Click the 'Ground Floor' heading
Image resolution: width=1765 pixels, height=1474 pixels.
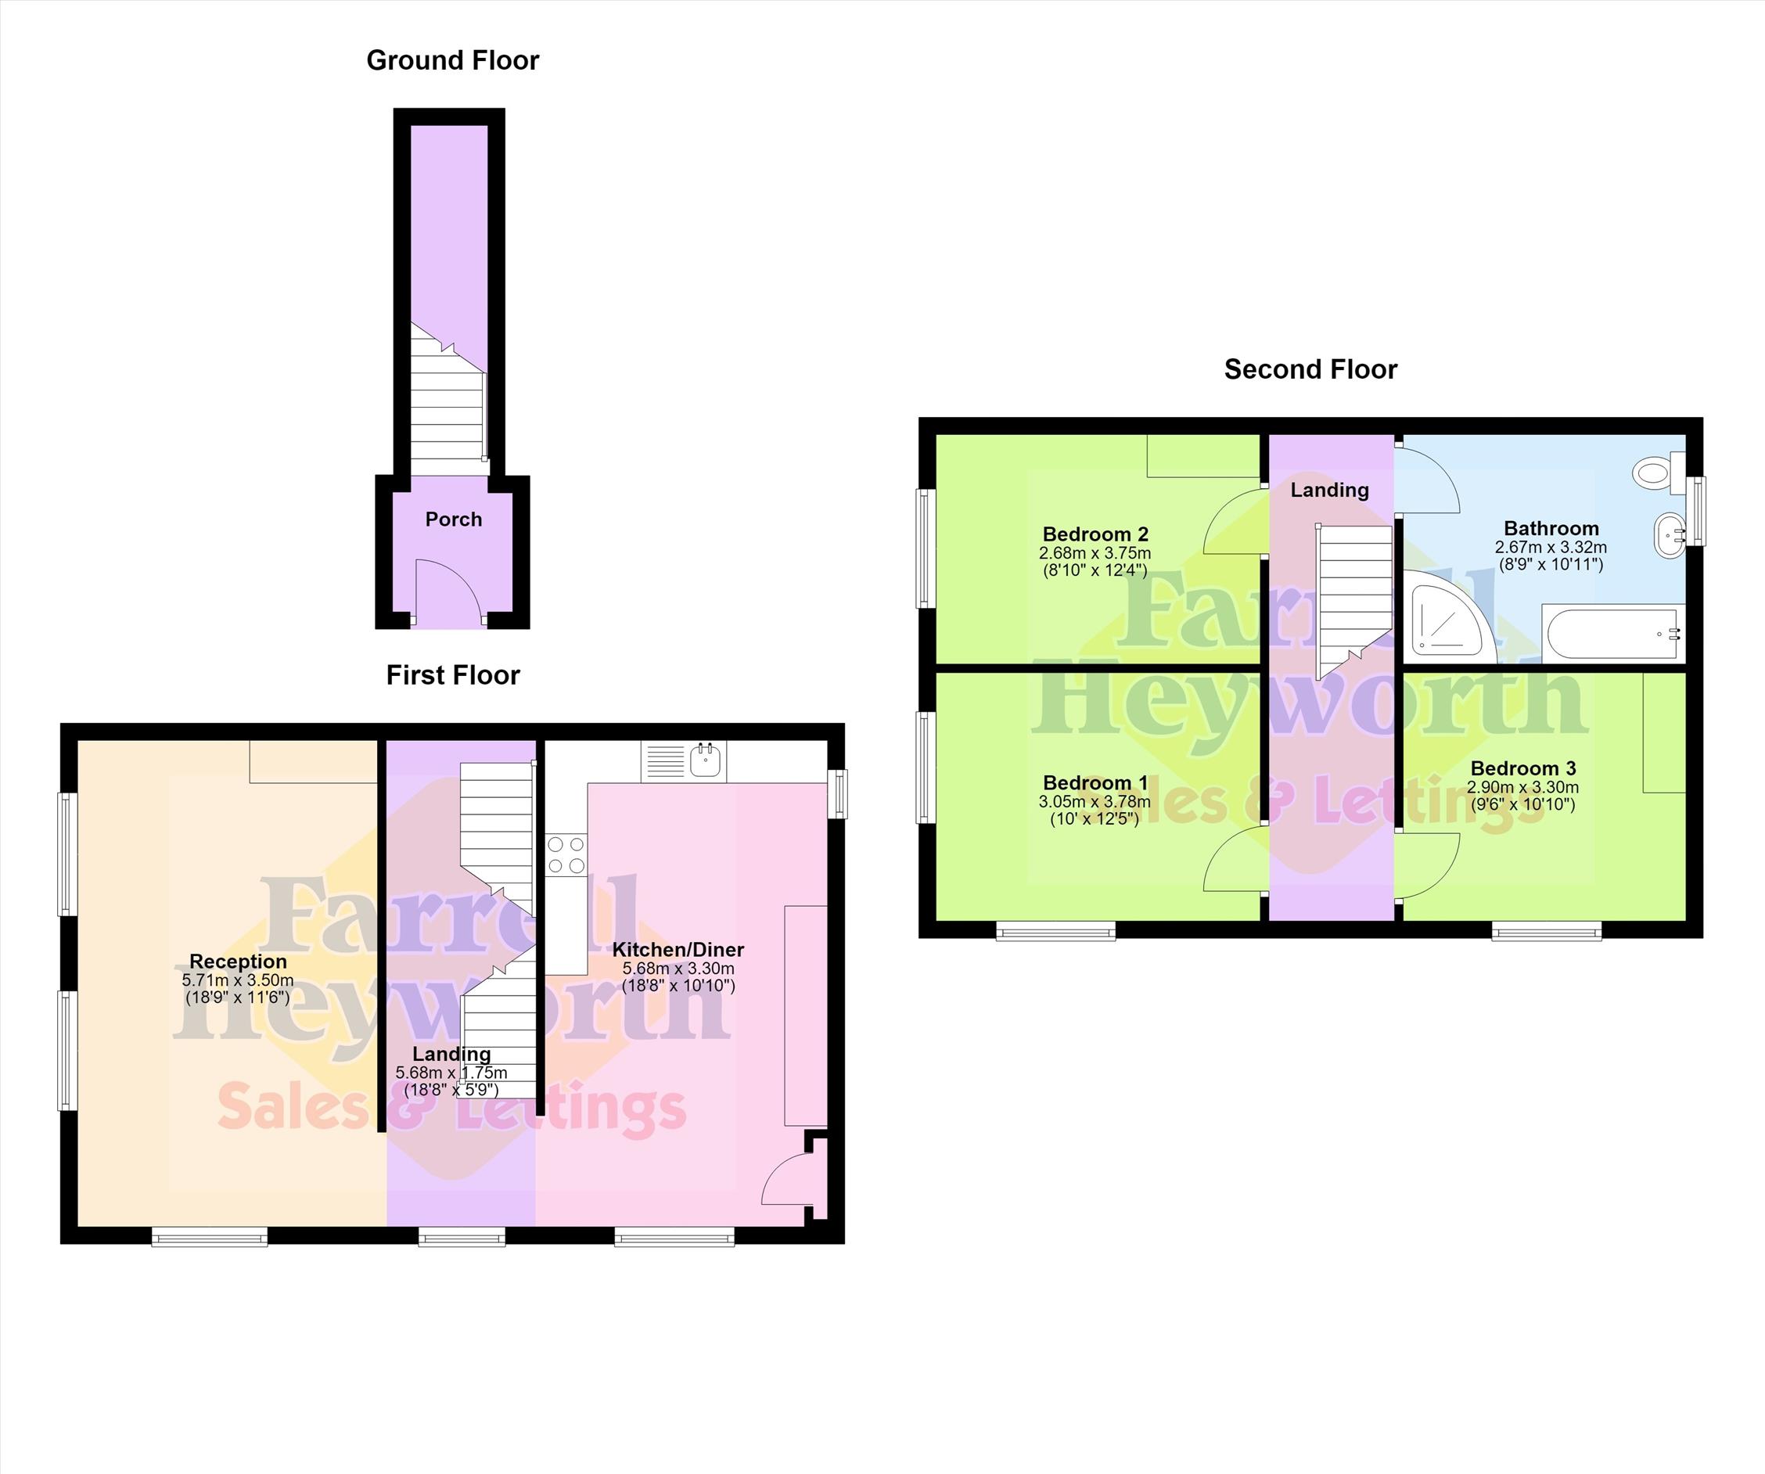452,60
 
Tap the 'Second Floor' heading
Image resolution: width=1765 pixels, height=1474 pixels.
1310,370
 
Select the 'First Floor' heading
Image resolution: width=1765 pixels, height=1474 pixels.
453,675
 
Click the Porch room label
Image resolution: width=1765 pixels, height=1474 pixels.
454,519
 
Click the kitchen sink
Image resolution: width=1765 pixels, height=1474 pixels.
706,760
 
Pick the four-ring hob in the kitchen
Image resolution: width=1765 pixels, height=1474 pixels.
566,854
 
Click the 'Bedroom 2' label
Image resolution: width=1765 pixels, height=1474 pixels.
1095,534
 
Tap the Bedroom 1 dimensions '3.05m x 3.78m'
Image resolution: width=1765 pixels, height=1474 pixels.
1095,802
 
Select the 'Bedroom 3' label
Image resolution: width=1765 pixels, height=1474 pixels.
1523,768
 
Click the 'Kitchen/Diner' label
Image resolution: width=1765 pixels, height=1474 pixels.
678,950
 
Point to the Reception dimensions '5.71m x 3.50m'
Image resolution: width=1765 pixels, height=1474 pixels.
238,980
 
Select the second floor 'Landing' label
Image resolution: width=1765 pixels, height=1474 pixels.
1330,490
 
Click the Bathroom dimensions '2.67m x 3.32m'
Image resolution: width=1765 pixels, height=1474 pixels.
1551,547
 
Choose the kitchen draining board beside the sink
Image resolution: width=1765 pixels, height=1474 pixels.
666,760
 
